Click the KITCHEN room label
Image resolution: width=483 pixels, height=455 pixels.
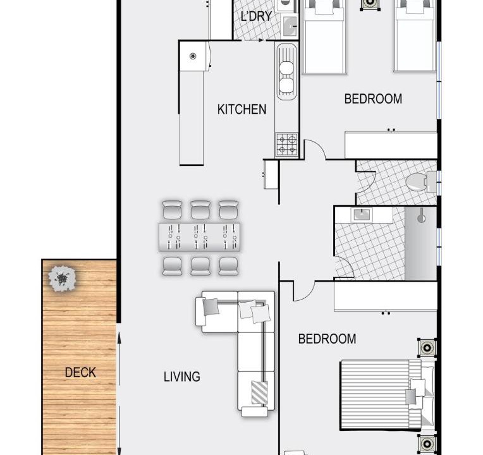pos(241,109)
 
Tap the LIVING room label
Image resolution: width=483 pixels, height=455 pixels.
pos(181,377)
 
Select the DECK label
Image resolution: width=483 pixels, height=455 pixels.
pos(80,372)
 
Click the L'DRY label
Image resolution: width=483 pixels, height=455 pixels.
pos(256,16)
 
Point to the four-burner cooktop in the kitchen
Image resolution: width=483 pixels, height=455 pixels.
pos(287,144)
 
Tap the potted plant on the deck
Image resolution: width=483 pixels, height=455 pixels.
pos(62,279)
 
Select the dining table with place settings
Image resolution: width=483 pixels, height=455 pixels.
pos(199,237)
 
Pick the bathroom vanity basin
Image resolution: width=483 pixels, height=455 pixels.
pos(362,214)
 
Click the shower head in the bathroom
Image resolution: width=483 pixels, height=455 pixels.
pos(421,216)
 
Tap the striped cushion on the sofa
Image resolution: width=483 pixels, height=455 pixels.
pos(259,392)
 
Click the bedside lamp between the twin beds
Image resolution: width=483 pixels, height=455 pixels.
pos(370,4)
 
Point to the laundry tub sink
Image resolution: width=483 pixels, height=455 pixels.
pos(290,25)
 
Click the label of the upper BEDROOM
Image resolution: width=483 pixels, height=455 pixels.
pos(373,99)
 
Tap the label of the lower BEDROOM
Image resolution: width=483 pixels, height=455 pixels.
pos(327,339)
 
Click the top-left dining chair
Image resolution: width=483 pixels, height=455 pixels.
pos(172,210)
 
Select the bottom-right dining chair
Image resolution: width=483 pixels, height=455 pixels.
pos(228,266)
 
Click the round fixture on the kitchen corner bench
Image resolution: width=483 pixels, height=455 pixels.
pos(193,56)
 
